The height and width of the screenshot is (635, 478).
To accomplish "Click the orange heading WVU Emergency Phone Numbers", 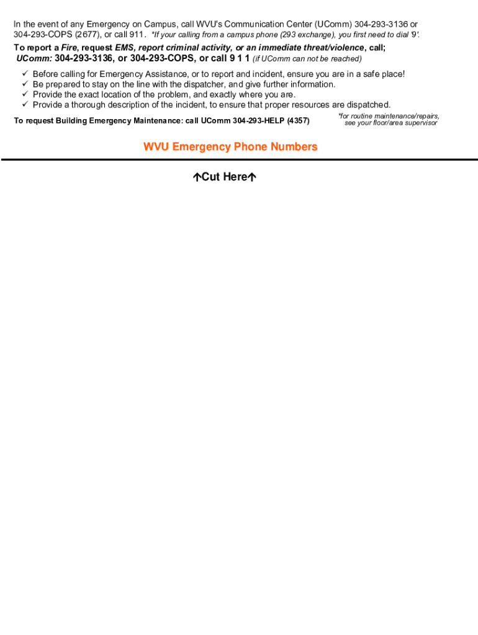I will coord(230,147).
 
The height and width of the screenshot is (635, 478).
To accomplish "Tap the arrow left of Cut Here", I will coord(196,177).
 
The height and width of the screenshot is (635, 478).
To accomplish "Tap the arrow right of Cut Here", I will coord(252,177).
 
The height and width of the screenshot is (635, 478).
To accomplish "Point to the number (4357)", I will coord(298,120).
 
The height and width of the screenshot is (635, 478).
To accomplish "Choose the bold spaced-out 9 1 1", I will coord(239,58).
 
